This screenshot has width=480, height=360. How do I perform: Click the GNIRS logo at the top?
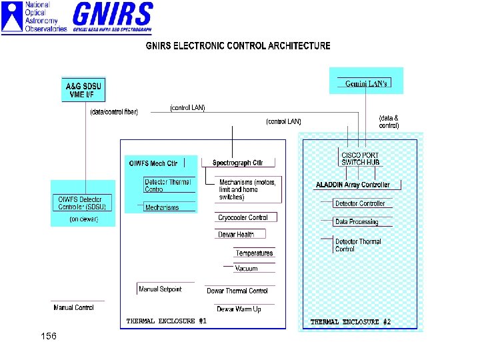tap(112, 17)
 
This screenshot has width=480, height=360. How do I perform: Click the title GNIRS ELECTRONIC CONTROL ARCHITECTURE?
tap(238, 46)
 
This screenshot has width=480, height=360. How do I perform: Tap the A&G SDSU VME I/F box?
tap(84, 90)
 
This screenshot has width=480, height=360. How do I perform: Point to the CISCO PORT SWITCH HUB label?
tap(360, 159)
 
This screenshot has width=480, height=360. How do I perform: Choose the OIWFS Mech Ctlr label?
tap(153, 163)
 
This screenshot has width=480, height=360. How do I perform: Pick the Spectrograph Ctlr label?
tap(237, 163)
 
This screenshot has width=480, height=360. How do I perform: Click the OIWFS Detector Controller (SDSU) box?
tap(81, 203)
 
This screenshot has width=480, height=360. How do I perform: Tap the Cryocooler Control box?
tap(243, 217)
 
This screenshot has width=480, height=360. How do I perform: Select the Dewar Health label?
tap(236, 234)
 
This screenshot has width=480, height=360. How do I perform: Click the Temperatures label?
tap(254, 253)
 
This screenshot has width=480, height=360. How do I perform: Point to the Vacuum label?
tap(246, 269)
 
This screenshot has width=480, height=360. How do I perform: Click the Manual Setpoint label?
tap(160, 289)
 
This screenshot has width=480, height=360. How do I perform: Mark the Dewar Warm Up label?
tap(239, 309)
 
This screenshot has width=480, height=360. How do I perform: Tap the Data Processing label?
tap(356, 221)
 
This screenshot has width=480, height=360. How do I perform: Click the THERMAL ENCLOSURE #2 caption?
tap(351, 322)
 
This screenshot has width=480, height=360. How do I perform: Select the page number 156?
tap(48, 336)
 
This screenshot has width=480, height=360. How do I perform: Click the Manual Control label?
tap(73, 307)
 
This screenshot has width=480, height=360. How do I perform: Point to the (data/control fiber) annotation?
tap(114, 112)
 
